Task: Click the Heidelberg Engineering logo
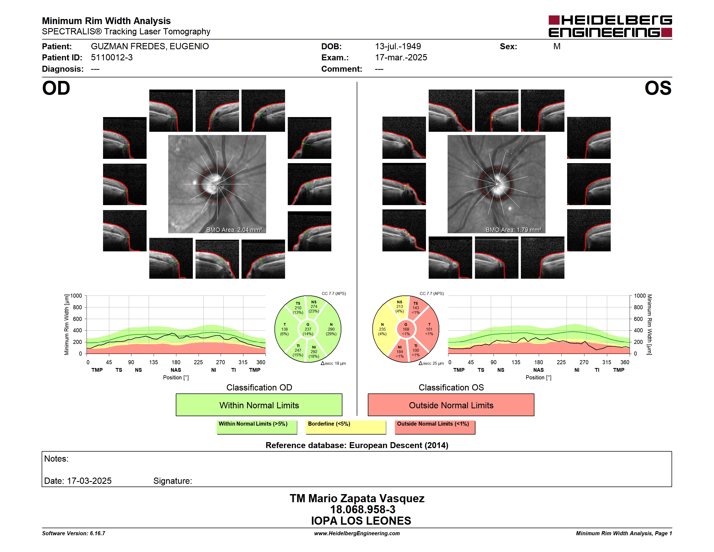pos(610,26)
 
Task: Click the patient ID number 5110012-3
pos(112,58)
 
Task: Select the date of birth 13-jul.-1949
pos(398,47)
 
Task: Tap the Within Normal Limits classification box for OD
pos(259,405)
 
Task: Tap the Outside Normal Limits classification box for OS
pos(451,405)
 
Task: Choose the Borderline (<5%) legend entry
pos(346,427)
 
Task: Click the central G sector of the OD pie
pos(308,329)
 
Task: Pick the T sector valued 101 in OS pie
pos(428,329)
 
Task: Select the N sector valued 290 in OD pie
pos(330,329)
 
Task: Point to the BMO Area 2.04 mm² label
pos(234,230)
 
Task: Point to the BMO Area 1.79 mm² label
pos(513,230)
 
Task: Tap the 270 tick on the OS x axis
pos(584,362)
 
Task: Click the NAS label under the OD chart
pos(176,370)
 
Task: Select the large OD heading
pos(56,88)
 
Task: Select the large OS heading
pos(658,88)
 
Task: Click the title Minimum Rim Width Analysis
pos(106,21)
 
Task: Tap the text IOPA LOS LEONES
pos(361,521)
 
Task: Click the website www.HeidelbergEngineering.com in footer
pos(357,533)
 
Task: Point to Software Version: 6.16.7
pos(74,533)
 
